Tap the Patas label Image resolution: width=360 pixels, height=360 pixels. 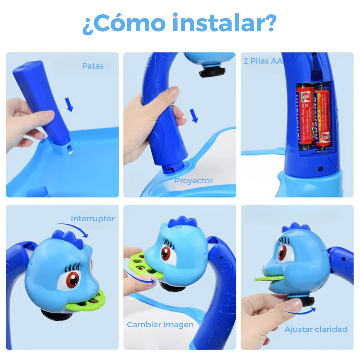coord(93,66)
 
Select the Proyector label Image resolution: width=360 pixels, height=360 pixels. coord(194,181)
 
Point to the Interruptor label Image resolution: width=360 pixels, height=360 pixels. coord(93,219)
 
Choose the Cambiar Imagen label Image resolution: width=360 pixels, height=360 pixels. coord(160,325)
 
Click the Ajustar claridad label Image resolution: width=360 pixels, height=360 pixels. coord(316,329)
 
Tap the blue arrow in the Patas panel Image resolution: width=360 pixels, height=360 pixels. coord(69,104)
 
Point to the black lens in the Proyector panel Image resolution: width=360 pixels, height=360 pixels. coord(212,72)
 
